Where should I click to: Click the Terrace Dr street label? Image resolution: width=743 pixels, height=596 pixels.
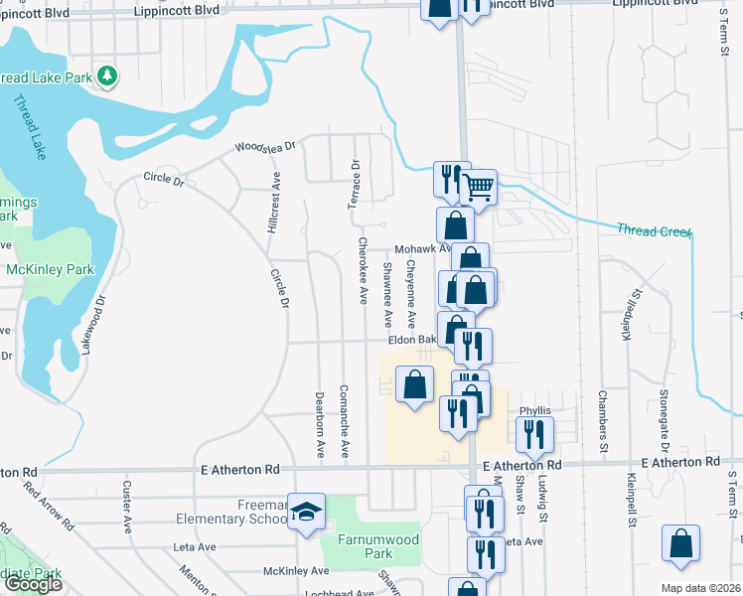tap(354, 185)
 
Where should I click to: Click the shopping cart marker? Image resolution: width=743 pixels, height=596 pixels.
tap(479, 186)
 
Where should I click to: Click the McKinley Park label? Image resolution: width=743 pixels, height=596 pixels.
tap(50, 269)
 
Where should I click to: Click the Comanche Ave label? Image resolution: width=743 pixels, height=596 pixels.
tap(344, 420)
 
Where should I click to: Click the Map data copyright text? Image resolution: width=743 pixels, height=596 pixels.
tap(700, 588)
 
